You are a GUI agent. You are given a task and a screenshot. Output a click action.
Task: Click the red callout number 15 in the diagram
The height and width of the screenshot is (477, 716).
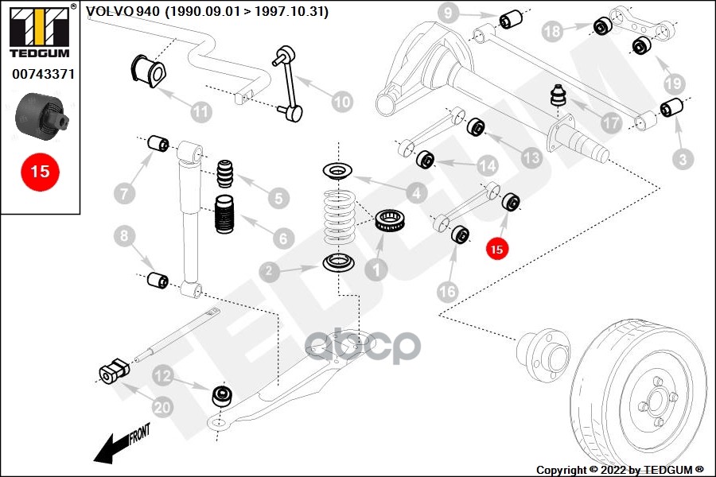tap(496, 249)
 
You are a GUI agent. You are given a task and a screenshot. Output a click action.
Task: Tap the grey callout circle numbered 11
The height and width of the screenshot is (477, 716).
tap(201, 111)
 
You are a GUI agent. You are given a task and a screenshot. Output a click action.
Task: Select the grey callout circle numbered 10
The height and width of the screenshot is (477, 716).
tap(341, 101)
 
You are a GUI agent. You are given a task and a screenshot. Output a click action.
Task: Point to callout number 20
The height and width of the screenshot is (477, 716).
tap(162, 408)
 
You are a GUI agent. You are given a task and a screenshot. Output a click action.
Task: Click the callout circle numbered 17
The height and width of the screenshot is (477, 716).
tap(611, 124)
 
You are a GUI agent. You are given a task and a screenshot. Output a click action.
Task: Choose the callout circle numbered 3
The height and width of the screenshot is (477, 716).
tap(682, 160)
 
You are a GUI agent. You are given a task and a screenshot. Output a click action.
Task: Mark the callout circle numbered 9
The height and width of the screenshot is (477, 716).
tap(448, 13)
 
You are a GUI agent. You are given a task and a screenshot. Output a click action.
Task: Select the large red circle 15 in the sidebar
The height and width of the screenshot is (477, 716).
tap(39, 170)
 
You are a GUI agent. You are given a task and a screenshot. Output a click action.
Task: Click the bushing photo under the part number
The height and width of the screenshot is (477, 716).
tap(41, 114)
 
